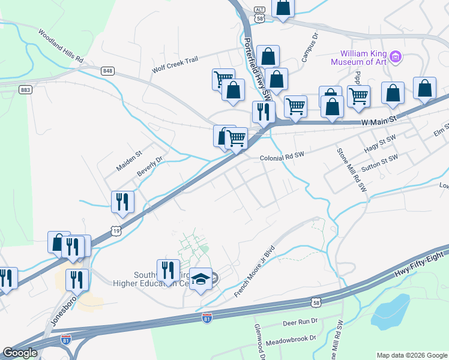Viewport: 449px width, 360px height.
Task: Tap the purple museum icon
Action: point(396,58)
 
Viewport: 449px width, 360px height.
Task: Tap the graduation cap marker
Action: point(200,279)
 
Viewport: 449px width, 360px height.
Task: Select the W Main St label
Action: point(379,122)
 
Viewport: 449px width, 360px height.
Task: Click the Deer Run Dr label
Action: point(300,322)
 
